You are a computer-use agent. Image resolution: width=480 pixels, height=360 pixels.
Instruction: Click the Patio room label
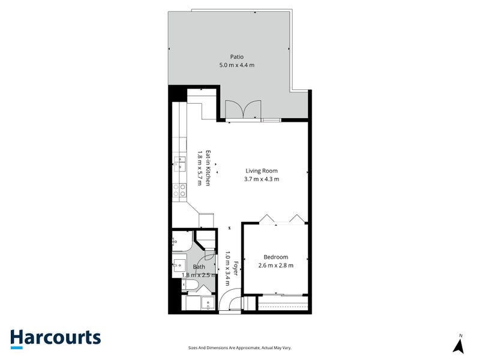(x=237, y=57)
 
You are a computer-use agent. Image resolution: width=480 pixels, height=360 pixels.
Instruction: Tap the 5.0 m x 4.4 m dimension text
(x=237, y=65)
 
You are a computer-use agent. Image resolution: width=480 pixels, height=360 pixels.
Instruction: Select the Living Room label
(x=262, y=171)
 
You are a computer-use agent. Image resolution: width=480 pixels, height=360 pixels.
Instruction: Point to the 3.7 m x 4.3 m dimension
(x=262, y=179)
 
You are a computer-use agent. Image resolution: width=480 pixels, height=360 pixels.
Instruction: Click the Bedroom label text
(x=276, y=257)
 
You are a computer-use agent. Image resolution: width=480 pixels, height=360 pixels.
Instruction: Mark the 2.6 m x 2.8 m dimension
(x=276, y=265)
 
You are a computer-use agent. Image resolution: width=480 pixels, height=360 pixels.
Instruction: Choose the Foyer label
(x=236, y=268)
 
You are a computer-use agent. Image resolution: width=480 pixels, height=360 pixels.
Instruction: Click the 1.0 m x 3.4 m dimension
(x=227, y=268)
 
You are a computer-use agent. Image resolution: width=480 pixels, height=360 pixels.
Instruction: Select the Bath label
(x=199, y=267)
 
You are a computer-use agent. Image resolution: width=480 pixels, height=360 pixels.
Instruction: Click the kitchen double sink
(x=179, y=164)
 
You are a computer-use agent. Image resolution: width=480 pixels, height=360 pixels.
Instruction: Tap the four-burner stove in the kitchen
(x=179, y=190)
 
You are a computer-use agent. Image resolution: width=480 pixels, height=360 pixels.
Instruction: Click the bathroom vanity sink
(x=179, y=264)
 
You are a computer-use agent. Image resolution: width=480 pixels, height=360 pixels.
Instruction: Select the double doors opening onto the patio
(x=243, y=109)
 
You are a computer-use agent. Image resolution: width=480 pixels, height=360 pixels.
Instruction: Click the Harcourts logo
(x=56, y=339)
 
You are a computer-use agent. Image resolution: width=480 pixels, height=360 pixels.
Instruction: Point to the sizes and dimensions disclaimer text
(x=239, y=348)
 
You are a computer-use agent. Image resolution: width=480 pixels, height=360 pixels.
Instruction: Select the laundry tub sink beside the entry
(x=209, y=303)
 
